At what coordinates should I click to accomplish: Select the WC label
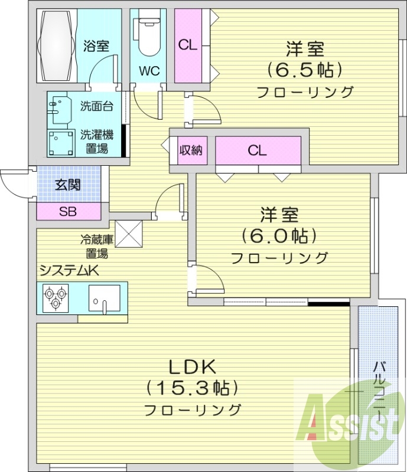[x=149, y=71]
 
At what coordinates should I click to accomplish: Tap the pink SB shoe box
[x=67, y=211]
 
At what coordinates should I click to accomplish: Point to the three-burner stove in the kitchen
[x=56, y=297]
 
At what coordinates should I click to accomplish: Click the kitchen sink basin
[x=105, y=297]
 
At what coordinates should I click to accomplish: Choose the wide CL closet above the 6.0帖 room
[x=258, y=150]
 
